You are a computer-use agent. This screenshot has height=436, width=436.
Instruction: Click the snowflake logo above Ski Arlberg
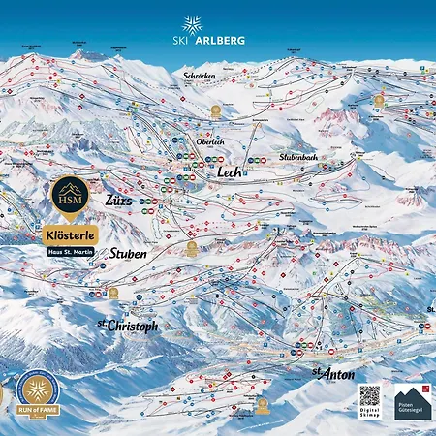point(191,23)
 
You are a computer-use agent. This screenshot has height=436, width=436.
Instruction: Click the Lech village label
point(230,171)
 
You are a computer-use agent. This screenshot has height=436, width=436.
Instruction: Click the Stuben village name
point(128,254)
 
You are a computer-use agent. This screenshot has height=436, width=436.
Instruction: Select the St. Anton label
point(332,373)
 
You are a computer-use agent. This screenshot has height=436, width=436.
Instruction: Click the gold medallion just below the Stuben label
point(113,292)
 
